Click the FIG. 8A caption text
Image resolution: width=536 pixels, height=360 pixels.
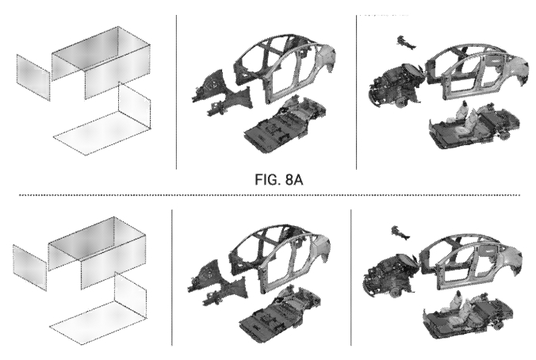[278, 179]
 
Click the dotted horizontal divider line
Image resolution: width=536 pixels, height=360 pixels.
[270, 195]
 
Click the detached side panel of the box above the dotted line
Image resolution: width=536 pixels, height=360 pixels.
[33, 77]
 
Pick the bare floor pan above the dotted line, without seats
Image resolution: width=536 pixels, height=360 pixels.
[285, 125]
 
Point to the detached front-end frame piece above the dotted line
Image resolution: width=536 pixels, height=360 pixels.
[221, 92]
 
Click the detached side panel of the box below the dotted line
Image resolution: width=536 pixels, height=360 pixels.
[30, 268]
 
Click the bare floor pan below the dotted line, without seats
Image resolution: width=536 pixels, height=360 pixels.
[281, 315]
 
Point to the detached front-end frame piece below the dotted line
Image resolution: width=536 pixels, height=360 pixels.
[217, 283]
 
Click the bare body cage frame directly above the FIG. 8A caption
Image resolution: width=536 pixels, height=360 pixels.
[285, 67]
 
